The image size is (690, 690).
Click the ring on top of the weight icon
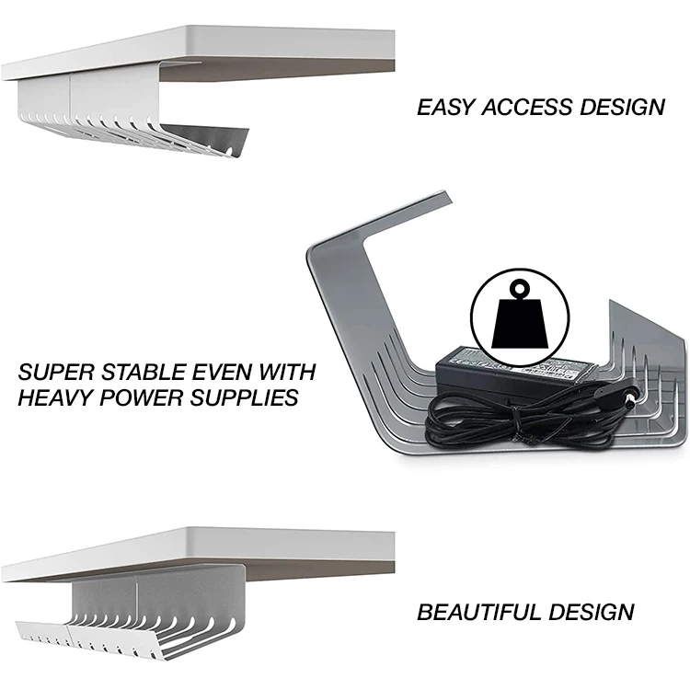click(x=512, y=288)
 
